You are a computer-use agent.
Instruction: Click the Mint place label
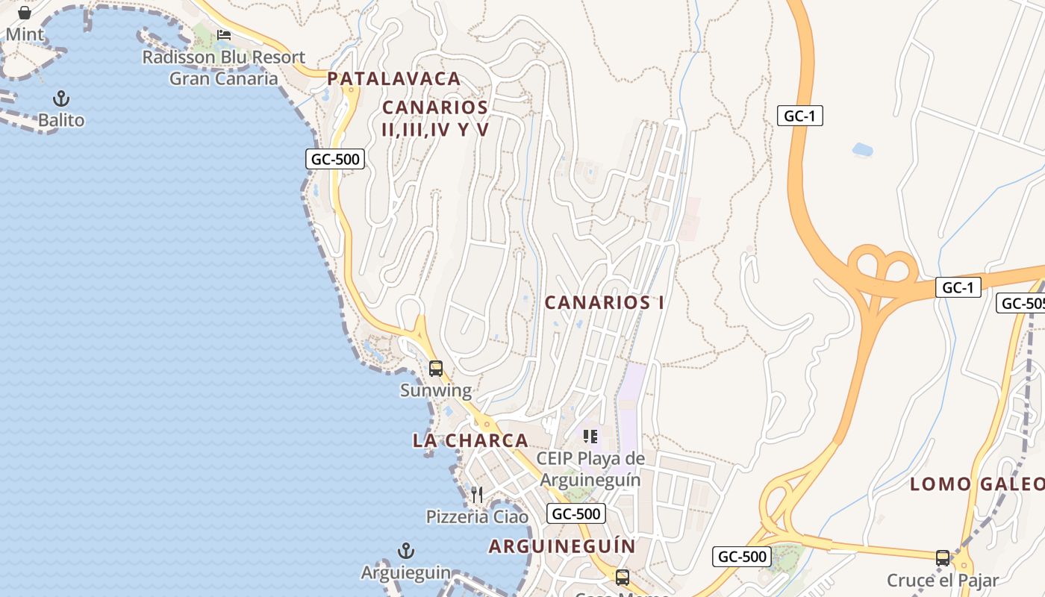25,34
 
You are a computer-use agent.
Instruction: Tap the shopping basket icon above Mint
25,13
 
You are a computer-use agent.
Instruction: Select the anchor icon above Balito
61,99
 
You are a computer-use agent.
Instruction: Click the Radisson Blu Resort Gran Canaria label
224,68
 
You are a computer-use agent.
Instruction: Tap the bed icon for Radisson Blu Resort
224,35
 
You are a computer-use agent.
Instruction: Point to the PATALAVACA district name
394,78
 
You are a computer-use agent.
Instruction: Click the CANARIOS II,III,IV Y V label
435,119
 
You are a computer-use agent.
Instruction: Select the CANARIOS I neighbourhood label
605,302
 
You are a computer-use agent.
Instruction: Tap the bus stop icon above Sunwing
436,369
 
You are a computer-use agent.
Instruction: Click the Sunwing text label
436,390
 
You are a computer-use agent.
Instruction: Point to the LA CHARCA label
470,440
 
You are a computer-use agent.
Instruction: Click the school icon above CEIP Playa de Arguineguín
590,437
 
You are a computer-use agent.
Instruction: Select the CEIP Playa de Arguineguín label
590,469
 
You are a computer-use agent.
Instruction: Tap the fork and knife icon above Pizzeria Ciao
477,494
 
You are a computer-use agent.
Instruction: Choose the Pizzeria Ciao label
477,516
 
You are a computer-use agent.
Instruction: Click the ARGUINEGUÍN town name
562,546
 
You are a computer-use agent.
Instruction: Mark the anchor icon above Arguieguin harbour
405,551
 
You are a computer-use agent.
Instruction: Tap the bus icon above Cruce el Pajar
943,558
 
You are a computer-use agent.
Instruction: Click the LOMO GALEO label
976,484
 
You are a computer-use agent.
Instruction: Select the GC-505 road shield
1020,303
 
